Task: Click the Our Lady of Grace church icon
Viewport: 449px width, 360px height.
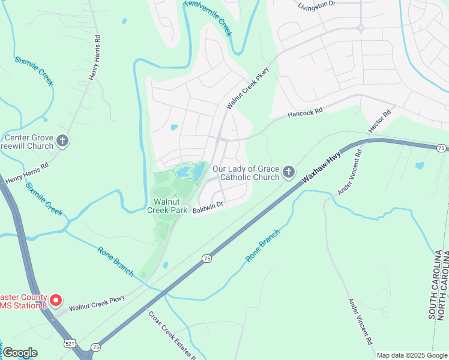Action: [x=289, y=173]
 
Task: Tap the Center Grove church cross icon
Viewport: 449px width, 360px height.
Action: [x=63, y=142]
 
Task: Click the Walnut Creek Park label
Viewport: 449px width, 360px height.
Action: [x=165, y=205]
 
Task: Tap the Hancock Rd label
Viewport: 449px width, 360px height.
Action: [x=305, y=111]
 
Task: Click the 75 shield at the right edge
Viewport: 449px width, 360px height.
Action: [x=441, y=148]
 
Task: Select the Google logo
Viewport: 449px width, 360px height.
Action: [x=20, y=353]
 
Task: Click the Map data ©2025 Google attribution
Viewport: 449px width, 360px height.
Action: [x=412, y=355]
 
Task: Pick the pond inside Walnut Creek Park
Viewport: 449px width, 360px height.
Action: [x=197, y=174]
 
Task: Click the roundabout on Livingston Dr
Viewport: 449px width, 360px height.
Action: [x=361, y=27]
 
